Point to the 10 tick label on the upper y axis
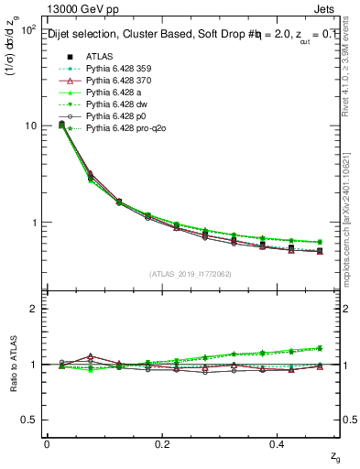coord(29,125)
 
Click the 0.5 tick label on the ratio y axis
coord(27,420)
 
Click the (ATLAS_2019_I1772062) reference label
coord(191,273)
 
